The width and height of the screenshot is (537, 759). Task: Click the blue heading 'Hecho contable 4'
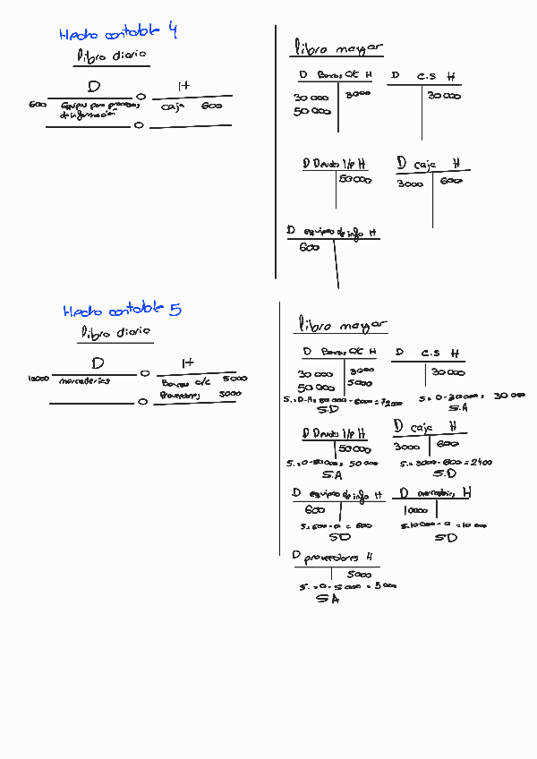(118, 33)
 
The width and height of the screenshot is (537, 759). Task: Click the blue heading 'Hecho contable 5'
(122, 311)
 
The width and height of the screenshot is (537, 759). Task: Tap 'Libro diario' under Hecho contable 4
(111, 55)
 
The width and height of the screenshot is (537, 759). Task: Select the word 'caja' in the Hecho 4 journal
(172, 107)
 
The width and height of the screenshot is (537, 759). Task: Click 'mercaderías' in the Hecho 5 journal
(84, 380)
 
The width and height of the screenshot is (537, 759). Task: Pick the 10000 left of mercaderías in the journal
(38, 379)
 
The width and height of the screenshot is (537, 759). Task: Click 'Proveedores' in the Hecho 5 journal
(182, 395)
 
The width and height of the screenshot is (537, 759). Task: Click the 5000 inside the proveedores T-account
(359, 574)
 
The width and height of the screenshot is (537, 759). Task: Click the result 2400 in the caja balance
(506, 463)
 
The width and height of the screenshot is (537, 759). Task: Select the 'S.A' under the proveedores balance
(328, 601)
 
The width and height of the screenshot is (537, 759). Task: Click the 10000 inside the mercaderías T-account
(409, 510)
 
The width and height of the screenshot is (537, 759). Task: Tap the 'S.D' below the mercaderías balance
(445, 538)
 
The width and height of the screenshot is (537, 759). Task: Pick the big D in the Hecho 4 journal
(94, 87)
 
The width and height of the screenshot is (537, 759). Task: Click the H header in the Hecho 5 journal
(187, 362)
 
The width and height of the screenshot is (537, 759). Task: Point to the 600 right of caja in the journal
(211, 106)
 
